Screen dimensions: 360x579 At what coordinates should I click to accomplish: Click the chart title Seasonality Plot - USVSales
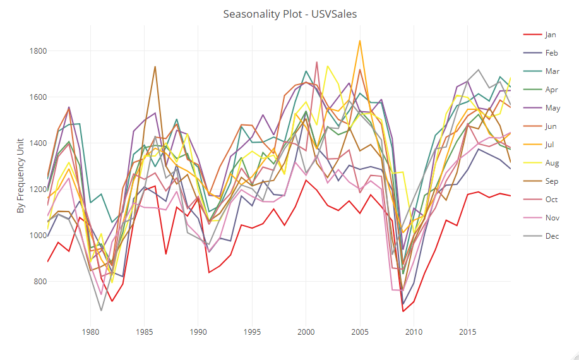290,14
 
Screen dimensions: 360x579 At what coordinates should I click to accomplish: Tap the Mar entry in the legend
551,71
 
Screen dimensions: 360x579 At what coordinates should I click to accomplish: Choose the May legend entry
551,108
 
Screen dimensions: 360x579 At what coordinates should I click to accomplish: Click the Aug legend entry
551,163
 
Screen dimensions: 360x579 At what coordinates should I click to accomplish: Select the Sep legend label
551,181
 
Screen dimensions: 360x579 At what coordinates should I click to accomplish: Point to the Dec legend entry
551,236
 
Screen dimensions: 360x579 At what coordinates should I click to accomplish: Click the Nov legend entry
551,218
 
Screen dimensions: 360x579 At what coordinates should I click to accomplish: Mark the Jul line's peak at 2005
360,40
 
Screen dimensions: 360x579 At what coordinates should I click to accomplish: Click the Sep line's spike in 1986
155,66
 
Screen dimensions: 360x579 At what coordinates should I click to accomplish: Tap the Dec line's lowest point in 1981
101,311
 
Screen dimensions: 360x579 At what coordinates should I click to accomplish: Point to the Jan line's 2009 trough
403,311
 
